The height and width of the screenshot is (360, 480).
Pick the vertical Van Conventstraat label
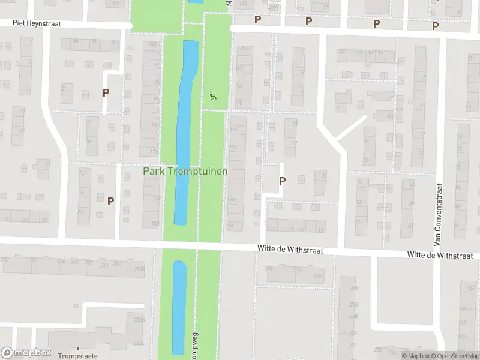click(x=439, y=214)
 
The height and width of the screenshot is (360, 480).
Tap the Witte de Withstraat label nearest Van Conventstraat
click(x=443, y=255)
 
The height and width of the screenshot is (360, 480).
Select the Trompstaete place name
click(x=77, y=356)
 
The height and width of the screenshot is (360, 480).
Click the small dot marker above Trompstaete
click(x=77, y=348)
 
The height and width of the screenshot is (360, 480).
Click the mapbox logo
click(x=27, y=353)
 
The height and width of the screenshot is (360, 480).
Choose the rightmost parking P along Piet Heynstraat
click(x=436, y=26)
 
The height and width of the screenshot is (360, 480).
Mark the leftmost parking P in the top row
click(x=258, y=19)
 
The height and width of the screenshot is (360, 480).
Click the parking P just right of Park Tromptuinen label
click(x=282, y=181)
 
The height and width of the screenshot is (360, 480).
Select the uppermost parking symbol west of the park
click(x=106, y=93)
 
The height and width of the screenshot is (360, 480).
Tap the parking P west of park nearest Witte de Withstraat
click(x=110, y=201)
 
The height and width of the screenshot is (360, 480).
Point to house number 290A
click(x=139, y=269)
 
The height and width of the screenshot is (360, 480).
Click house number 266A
click(x=318, y=276)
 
